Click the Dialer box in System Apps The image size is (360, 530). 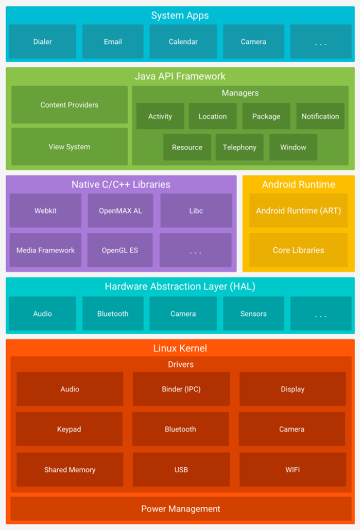42,42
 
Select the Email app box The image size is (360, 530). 113,42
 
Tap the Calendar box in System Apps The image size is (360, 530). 183,42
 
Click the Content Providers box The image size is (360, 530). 69,105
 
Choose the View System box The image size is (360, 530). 69,147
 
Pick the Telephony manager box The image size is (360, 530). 239,147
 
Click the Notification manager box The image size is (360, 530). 320,116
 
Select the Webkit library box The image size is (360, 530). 45,211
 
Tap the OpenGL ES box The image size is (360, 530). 120,250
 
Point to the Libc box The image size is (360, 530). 196,211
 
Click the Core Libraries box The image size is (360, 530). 298,250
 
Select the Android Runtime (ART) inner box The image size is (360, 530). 298,211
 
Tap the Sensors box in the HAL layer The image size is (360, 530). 253,314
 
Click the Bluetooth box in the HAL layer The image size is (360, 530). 113,314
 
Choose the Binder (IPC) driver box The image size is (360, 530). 181,389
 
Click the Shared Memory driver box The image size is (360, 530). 70,470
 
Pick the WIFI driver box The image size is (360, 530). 293,470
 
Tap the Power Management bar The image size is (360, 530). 181,509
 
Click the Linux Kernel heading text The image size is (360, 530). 180,348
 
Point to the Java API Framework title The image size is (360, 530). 180,76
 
